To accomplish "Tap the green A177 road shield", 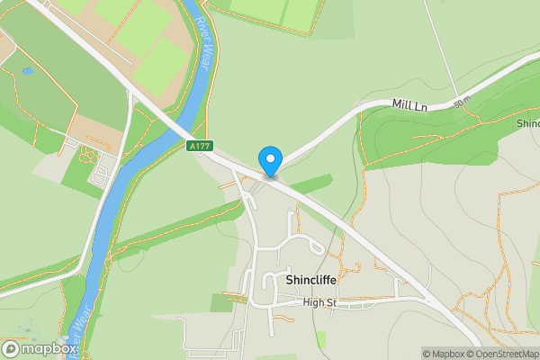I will click(x=200, y=146).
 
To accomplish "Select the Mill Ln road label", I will click(x=409, y=105).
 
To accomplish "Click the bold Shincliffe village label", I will click(x=310, y=280).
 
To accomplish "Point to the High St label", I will click(x=319, y=302).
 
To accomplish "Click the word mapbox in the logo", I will click(x=49, y=348).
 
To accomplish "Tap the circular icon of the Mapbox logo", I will click(x=12, y=348).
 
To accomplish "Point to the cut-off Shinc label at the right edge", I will click(x=527, y=122).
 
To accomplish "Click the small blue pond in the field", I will click(x=28, y=70).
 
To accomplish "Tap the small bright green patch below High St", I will click(x=320, y=339).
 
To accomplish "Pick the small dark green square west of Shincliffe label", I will click(x=220, y=302).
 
